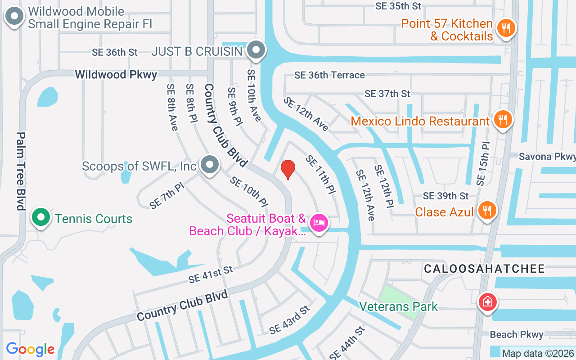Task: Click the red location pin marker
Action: coord(288,169)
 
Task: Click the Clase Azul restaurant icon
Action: coord(486,210)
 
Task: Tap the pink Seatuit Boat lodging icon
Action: coord(319,222)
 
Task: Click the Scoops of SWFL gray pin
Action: coord(209,165)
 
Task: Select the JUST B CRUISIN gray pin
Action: coord(256,50)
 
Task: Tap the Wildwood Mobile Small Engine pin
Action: coord(14,17)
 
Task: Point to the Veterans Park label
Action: coord(398,306)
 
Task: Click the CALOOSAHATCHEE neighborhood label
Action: coord(484,269)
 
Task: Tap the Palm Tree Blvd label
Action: coord(21,171)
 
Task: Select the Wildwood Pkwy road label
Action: coord(116,74)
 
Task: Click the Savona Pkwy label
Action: coord(547,157)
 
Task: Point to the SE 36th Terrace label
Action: coord(329,75)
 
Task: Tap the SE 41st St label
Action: coord(211,274)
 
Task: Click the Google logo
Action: coord(30,349)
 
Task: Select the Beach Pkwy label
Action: coord(516,334)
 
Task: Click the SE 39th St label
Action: coord(445,196)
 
